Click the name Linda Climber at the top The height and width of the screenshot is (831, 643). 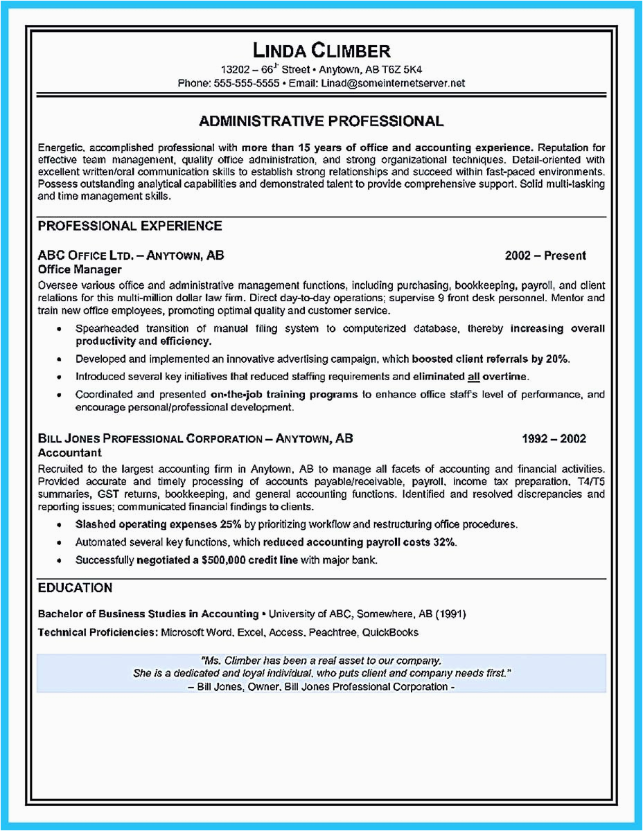(x=321, y=51)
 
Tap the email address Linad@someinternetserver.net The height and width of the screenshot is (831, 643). (x=392, y=83)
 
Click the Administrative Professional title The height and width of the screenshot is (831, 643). (x=321, y=121)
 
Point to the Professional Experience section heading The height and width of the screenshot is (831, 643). (x=130, y=226)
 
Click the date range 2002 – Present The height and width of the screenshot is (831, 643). (x=545, y=256)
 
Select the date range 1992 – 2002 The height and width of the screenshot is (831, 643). (x=554, y=438)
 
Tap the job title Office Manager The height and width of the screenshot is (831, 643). (x=80, y=269)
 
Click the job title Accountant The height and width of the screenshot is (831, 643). (x=70, y=453)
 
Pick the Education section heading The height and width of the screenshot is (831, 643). (x=75, y=588)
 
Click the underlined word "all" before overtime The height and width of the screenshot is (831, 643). (x=473, y=377)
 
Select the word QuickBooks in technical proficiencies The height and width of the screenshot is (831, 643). (x=390, y=632)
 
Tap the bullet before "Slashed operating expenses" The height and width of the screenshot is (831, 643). (x=61, y=524)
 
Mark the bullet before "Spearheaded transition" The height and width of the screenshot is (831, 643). (x=61, y=328)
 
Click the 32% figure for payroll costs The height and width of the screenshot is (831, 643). (x=443, y=542)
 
